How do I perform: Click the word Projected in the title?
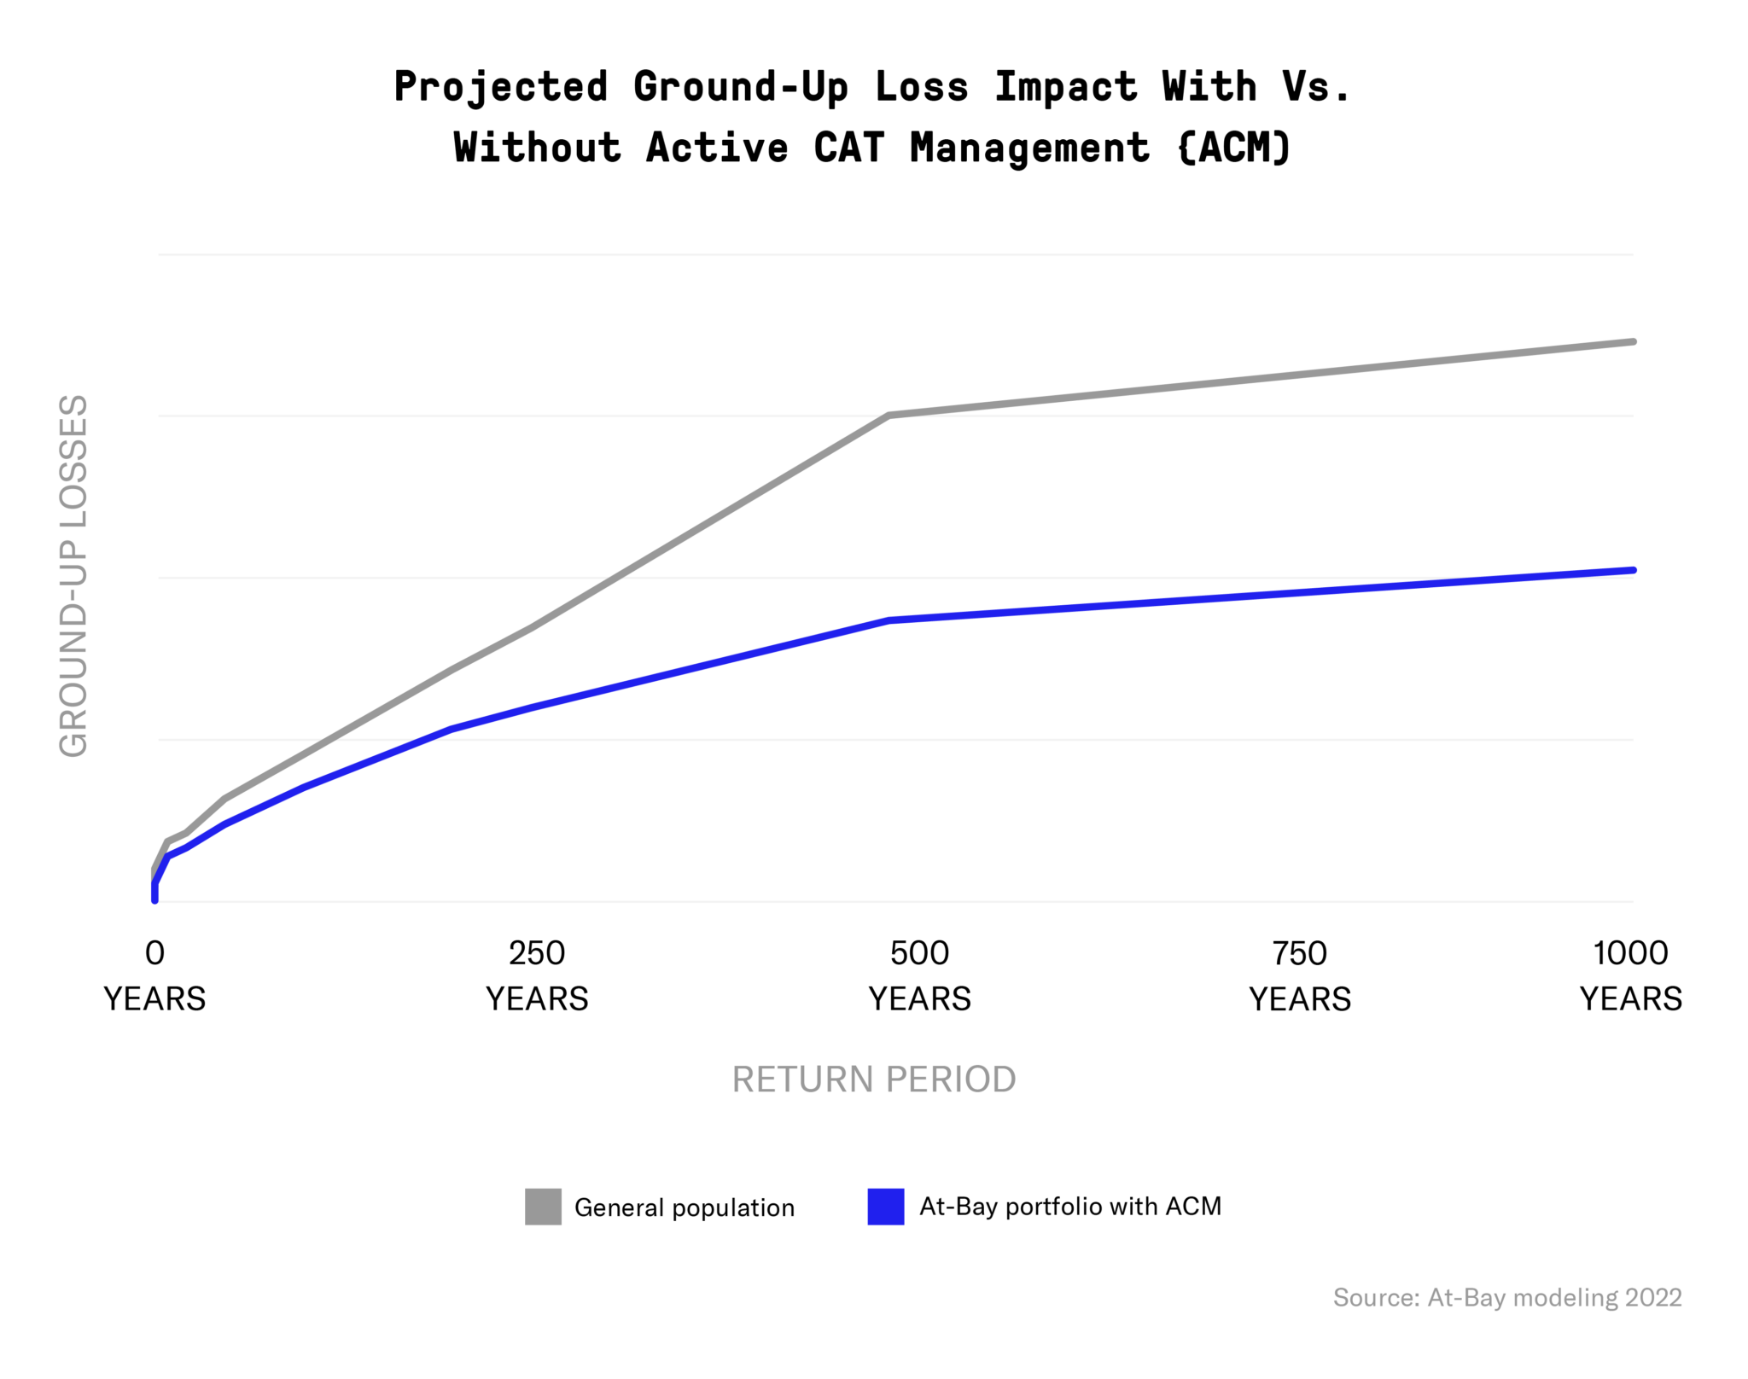pos(500,88)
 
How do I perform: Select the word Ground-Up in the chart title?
pos(740,88)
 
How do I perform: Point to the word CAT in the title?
pos(848,148)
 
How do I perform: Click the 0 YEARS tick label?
pos(154,975)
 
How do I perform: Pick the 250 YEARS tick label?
pos(537,975)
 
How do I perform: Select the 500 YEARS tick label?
pos(919,975)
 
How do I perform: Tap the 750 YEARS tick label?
pos(1300,975)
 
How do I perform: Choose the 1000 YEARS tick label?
pos(1630,975)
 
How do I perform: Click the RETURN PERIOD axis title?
pos(874,1079)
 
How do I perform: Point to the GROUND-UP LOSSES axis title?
pos(74,576)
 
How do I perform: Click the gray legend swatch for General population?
pos(543,1207)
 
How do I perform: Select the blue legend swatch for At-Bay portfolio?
pos(886,1207)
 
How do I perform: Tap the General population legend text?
pos(684,1207)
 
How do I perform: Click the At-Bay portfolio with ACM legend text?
pos(1070,1207)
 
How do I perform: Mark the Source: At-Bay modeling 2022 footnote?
pos(1507,1298)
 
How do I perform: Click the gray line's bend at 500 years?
pos(889,416)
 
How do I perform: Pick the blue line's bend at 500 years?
pos(889,620)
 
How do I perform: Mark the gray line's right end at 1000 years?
pos(1632,341)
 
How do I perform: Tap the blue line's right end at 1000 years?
pos(1632,570)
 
